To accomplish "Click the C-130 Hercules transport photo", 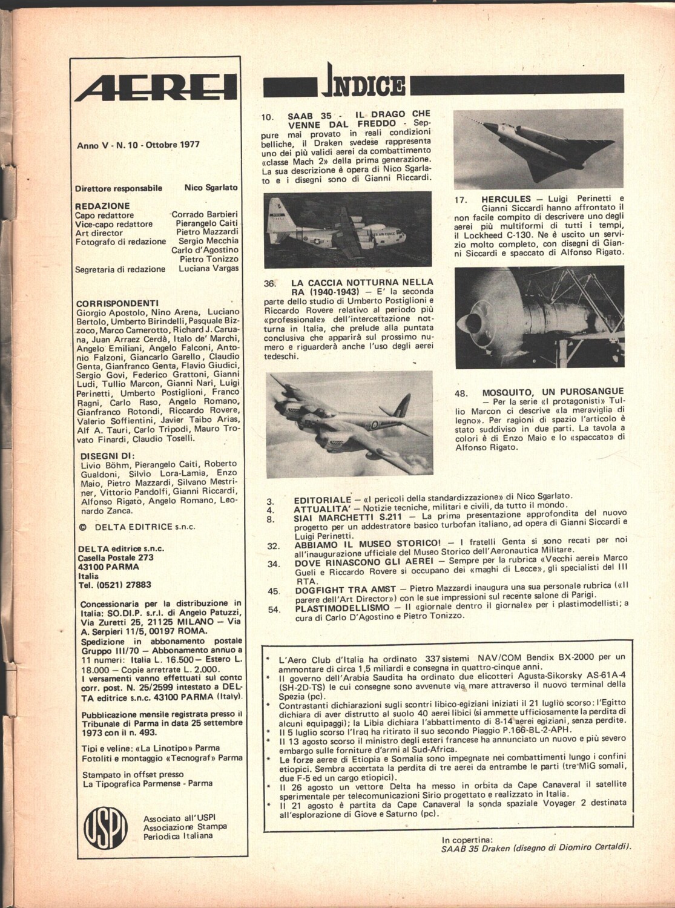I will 347,230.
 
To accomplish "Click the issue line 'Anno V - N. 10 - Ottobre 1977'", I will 139,145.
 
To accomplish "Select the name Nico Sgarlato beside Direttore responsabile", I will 211,188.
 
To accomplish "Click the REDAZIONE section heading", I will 102,206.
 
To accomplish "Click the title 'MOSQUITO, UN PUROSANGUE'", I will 553,392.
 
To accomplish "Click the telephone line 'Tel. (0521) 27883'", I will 114,585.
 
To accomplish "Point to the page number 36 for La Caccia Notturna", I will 270,283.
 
